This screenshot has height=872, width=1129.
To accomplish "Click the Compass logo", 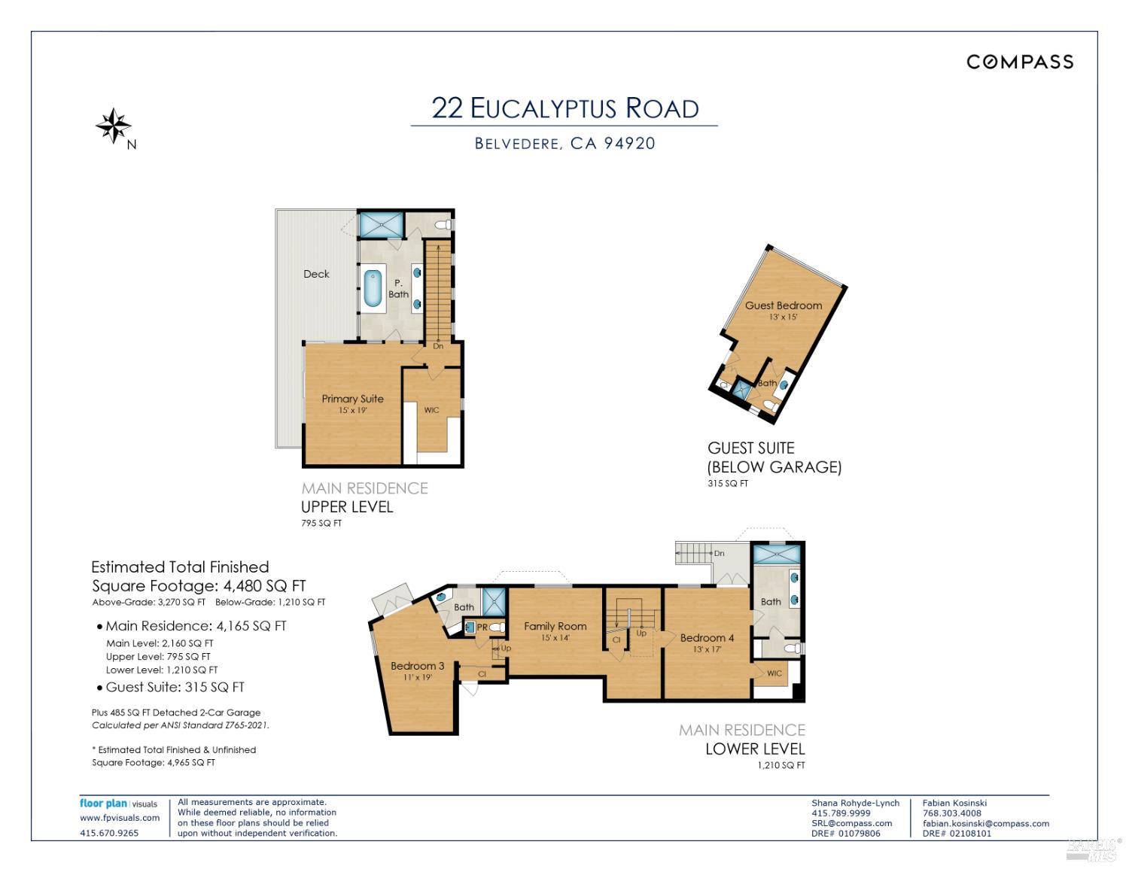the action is (1019, 62).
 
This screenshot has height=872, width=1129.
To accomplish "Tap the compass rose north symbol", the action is (113, 126).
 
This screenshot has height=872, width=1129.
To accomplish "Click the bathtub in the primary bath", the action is (372, 288).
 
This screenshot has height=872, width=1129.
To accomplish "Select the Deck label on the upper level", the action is (316, 274).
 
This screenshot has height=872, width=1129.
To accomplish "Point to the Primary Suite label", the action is (352, 398).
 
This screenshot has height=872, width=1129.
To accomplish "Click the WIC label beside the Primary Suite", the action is (431, 410).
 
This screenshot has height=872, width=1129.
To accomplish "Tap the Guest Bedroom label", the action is (784, 305).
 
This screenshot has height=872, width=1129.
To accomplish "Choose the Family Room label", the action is (555, 626).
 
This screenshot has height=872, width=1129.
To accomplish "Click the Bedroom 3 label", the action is (417, 666).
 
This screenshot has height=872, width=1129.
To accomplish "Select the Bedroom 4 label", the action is (707, 638).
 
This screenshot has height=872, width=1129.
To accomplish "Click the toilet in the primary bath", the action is (443, 225).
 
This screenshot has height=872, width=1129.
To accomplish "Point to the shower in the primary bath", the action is (382, 224).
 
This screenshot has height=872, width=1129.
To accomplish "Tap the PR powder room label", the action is (482, 627).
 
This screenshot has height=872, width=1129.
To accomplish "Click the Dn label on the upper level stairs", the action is (438, 346).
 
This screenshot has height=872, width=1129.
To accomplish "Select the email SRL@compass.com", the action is (851, 823).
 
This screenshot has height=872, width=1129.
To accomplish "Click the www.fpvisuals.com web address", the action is (120, 818).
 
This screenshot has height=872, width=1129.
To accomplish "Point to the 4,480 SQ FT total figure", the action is (264, 586).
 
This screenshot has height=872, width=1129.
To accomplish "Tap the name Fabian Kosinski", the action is (954, 803).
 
